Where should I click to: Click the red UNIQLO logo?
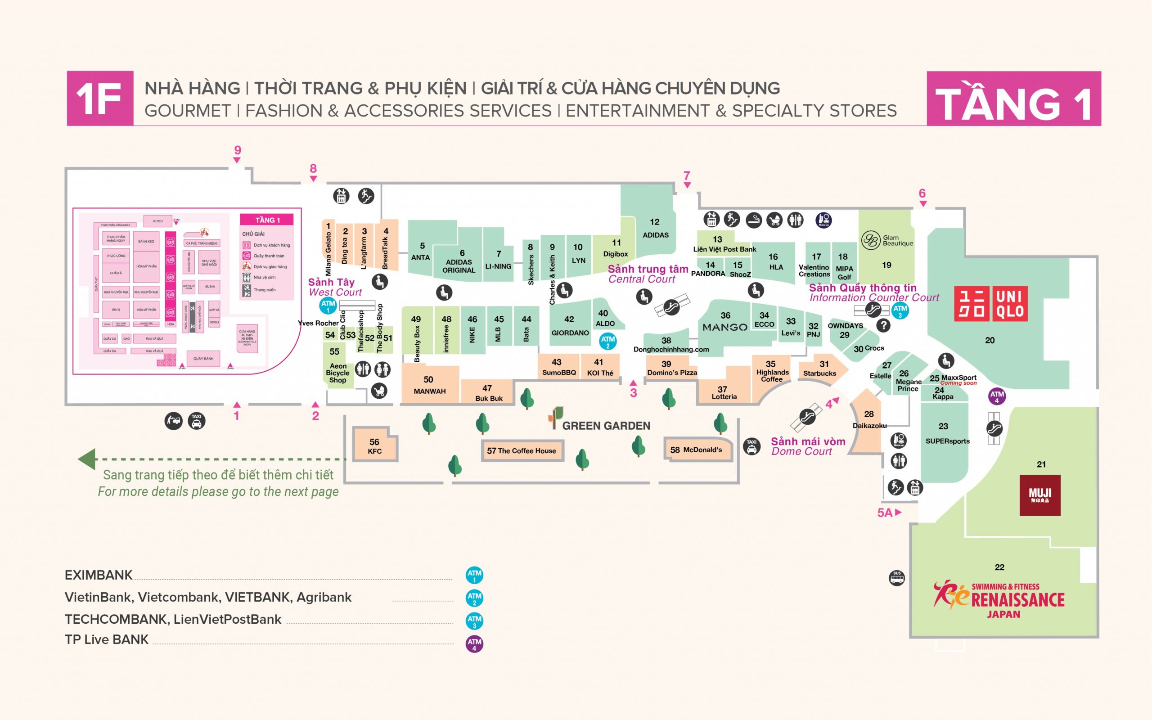click(x=990, y=304)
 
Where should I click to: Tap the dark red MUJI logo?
click(x=1039, y=495)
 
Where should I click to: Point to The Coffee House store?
click(x=522, y=450)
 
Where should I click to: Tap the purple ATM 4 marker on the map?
click(x=997, y=396)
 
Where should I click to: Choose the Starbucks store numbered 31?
click(x=820, y=369)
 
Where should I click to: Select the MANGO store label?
click(x=725, y=327)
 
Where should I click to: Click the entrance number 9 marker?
click(x=238, y=153)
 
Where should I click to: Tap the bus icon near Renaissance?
click(x=897, y=578)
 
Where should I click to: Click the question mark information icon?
click(x=883, y=326)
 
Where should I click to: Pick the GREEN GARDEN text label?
click(x=606, y=426)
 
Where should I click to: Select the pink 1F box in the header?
click(x=99, y=99)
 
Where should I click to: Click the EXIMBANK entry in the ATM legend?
click(x=99, y=575)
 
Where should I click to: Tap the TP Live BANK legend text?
click(x=107, y=639)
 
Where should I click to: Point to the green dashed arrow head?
click(x=87, y=459)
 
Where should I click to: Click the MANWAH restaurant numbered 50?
click(x=429, y=385)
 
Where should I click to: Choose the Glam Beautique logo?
click(x=870, y=240)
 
